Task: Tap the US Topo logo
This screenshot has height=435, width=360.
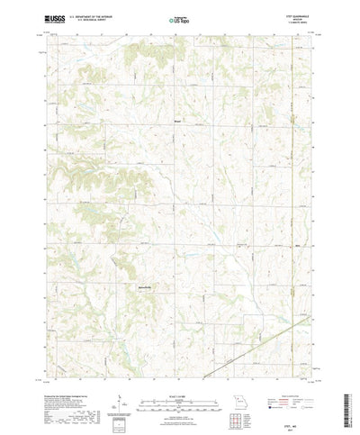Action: tap(180, 17)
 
